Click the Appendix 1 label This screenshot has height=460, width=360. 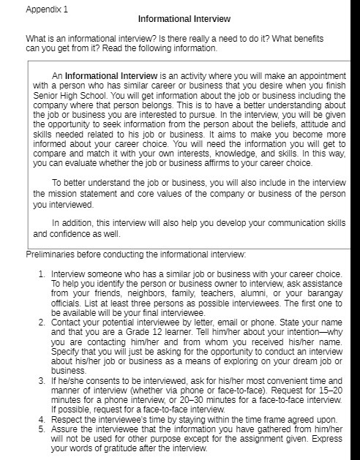coord(45,10)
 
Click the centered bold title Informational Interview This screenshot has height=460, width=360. coord(183,18)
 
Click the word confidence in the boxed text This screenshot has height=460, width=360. coord(72,234)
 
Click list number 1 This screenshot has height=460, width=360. coord(41,274)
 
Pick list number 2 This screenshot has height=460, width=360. coord(41,322)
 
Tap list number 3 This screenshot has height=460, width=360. coord(41,381)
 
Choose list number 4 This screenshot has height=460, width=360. coord(41,419)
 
